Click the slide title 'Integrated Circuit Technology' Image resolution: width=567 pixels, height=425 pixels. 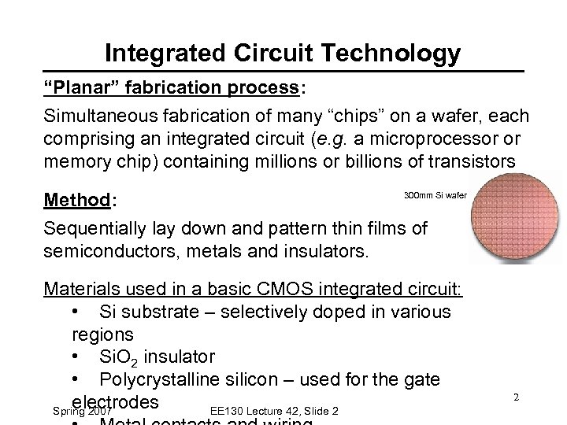point(283,54)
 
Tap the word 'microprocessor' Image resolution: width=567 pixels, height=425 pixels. point(426,139)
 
